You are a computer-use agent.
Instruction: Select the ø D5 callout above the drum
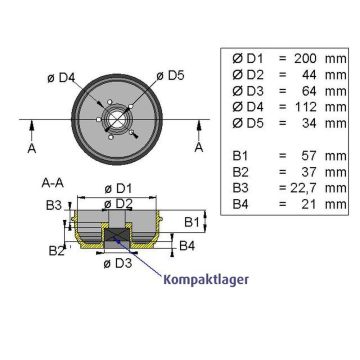(176, 74)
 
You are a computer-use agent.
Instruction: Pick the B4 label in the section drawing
(186, 243)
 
